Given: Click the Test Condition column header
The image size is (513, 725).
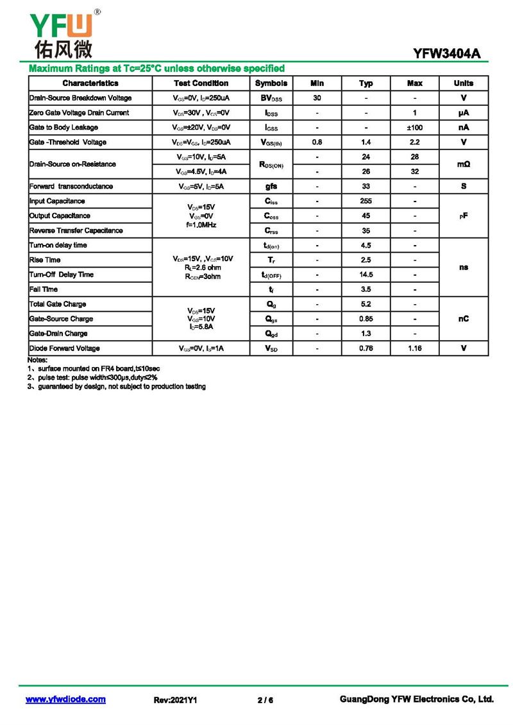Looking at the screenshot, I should [201, 83].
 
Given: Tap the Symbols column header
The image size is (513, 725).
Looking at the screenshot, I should [271, 83].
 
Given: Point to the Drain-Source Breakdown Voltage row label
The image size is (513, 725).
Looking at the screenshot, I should [81, 98].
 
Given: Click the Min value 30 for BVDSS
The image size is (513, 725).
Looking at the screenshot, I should [317, 98].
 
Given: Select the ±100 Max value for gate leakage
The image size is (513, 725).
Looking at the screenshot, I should [415, 128].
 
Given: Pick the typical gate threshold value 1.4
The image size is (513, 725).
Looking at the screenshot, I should [366, 142].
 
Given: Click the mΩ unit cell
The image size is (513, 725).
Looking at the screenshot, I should [464, 164].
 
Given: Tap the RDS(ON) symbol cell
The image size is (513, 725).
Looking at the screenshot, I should [271, 165].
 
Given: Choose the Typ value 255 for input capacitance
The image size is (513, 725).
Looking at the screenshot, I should [366, 201].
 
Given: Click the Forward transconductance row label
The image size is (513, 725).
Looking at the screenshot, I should [71, 187].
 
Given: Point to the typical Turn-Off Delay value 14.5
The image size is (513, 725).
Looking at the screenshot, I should [366, 275].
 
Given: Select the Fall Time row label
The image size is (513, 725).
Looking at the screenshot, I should [44, 289].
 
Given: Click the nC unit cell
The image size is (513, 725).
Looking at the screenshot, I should [464, 319].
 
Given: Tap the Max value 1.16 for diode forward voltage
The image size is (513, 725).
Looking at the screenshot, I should [415, 348].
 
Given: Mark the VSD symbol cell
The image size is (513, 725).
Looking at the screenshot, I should [271, 348].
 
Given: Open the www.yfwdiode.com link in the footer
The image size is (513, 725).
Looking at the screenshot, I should [65, 699].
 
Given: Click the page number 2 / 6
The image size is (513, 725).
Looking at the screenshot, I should [265, 700].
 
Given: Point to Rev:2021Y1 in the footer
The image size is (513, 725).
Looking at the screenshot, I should [175, 700].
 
